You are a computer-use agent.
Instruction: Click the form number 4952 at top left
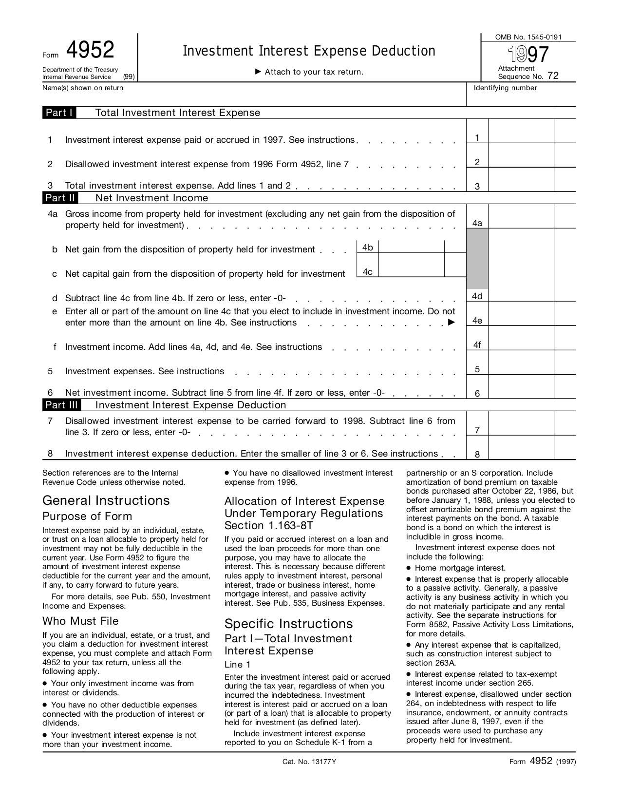pyautogui.click(x=90, y=51)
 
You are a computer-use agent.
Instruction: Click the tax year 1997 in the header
pyautogui.click(x=528, y=54)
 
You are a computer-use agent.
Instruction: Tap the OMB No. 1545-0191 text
pyautogui.click(x=528, y=37)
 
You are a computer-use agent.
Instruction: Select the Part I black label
pyautogui.click(x=59, y=113)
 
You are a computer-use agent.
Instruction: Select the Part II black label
pyautogui.click(x=60, y=198)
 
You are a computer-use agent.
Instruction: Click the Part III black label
pyautogui.click(x=62, y=405)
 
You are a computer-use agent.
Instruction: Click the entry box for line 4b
pyautogui.click(x=411, y=247)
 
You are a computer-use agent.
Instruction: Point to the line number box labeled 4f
pyautogui.click(x=477, y=345)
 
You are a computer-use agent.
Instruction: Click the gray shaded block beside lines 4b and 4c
pyautogui.click(x=477, y=258)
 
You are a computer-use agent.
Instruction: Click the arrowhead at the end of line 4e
pyautogui.click(x=452, y=322)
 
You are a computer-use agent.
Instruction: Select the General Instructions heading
pyautogui.click(x=106, y=500)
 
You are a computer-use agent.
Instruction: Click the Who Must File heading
pyautogui.click(x=80, y=621)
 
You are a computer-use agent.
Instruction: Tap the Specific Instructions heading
pyautogui.click(x=288, y=624)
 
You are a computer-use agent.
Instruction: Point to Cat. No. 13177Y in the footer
pyautogui.click(x=309, y=762)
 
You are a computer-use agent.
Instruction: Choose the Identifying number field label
pyautogui.click(x=505, y=88)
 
